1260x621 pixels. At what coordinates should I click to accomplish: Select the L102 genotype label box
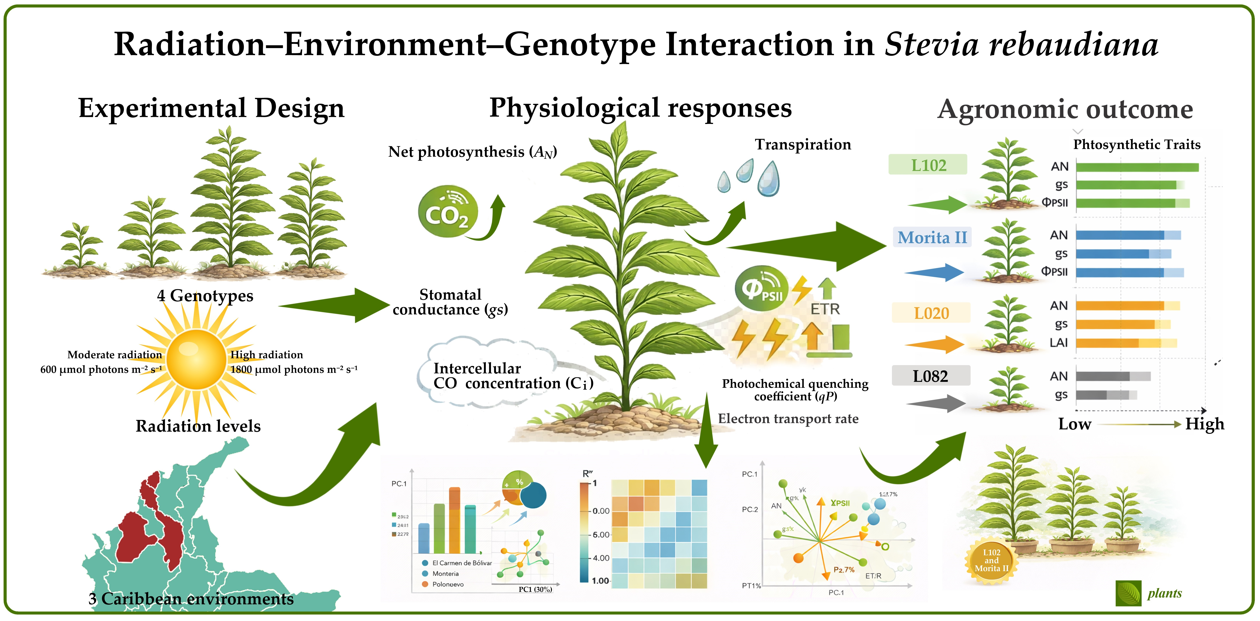(928, 165)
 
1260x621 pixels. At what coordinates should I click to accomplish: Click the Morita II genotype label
(932, 237)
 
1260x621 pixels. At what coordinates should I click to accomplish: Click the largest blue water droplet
(768, 179)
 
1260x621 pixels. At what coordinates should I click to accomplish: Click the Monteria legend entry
(445, 574)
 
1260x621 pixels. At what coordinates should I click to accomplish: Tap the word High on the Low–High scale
(1204, 424)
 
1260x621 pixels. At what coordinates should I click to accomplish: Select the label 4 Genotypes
(205, 296)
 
